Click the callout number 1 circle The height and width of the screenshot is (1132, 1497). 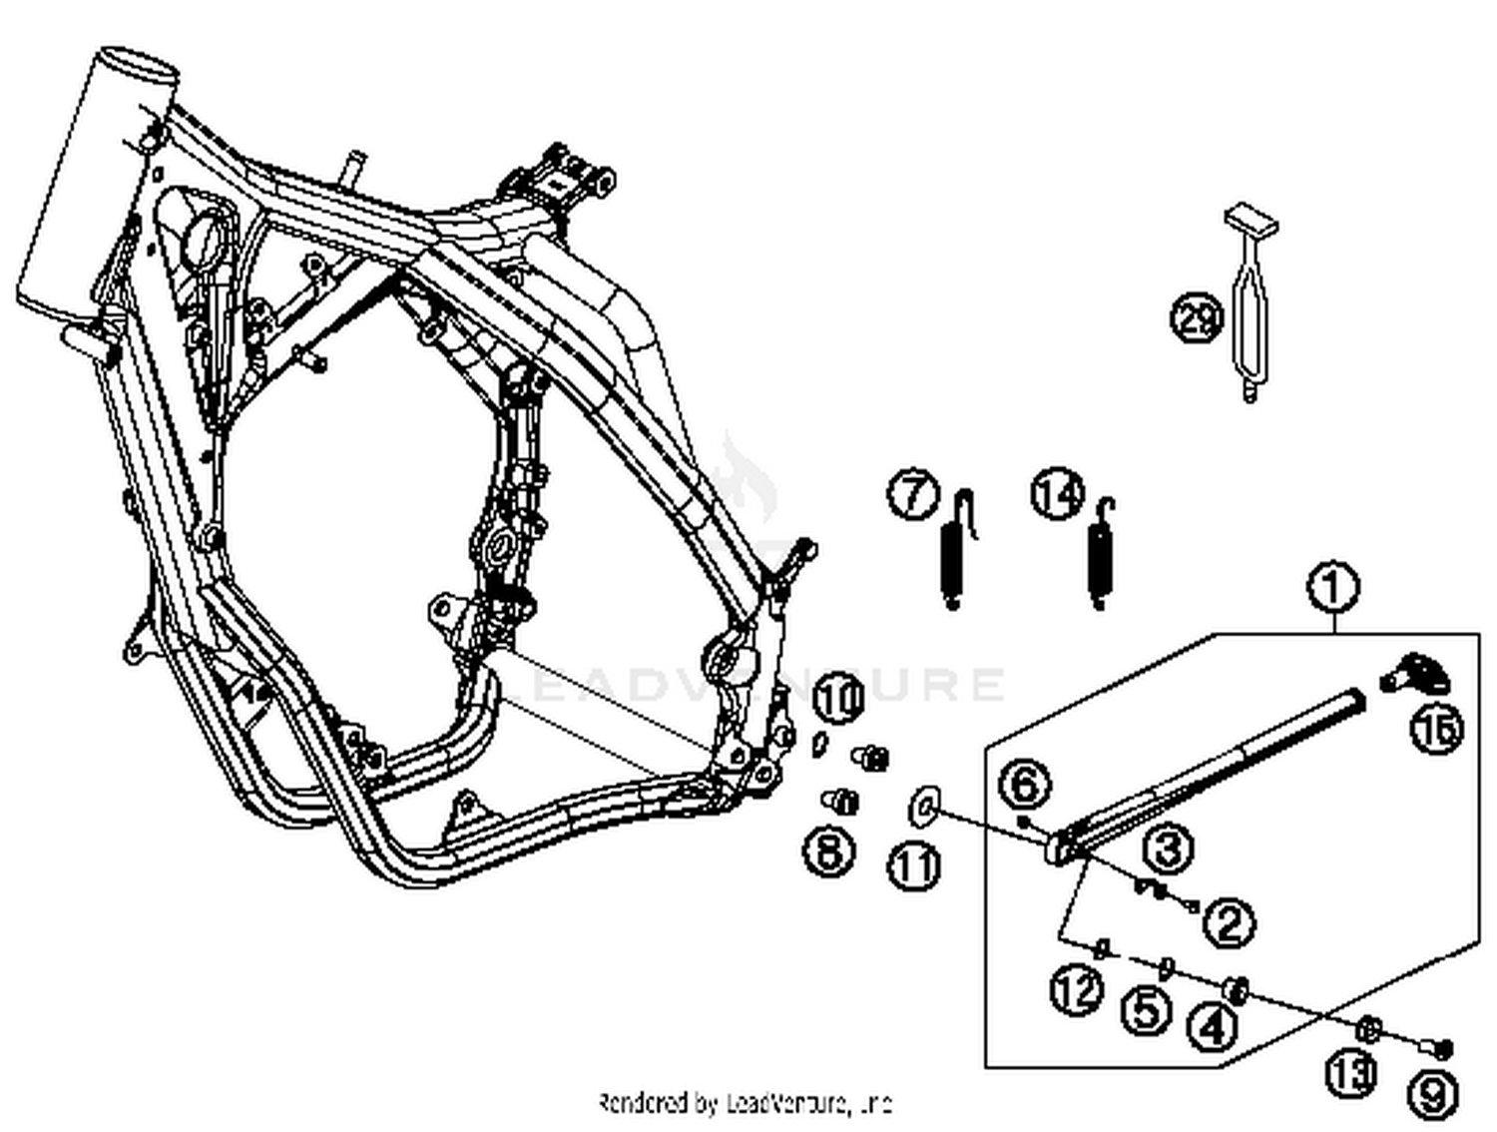tap(1333, 587)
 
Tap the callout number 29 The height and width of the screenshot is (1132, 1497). tap(1196, 319)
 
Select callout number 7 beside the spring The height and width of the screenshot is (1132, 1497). tap(913, 495)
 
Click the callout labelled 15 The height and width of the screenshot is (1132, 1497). tap(1436, 728)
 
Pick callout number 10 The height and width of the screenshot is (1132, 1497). tap(838, 698)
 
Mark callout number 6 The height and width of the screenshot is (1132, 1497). tap(1026, 785)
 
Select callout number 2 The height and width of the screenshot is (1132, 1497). tap(1229, 921)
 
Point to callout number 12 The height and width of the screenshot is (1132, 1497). tap(1077, 991)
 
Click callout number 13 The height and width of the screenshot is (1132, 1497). tap(1351, 1073)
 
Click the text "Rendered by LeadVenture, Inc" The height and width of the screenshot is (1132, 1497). tap(744, 1103)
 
